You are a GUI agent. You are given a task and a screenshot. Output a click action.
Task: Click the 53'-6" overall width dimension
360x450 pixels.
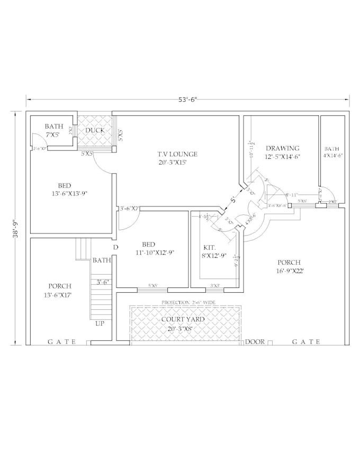[188, 99]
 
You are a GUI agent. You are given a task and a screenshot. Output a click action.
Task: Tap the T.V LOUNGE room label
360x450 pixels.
[177, 154]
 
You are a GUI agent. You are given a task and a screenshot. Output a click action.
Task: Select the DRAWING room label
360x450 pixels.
[282, 148]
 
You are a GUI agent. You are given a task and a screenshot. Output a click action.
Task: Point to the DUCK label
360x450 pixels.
[95, 130]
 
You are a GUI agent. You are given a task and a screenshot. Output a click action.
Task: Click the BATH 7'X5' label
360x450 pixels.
[53, 131]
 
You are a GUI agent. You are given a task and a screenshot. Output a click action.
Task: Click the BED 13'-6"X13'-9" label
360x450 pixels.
[65, 190]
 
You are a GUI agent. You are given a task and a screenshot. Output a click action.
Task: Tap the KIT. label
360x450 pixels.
[209, 247]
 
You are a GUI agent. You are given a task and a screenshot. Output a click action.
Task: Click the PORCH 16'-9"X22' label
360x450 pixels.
[289, 266]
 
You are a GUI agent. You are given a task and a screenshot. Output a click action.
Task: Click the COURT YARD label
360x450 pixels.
[183, 319]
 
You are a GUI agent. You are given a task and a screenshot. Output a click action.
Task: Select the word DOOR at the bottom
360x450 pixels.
[255, 342]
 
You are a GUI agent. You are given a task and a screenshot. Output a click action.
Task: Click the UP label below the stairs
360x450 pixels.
[100, 323]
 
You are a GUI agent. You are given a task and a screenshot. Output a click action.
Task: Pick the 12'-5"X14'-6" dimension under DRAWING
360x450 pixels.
[282, 157]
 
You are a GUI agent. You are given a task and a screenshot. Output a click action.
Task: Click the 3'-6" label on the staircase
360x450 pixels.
[102, 282]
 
